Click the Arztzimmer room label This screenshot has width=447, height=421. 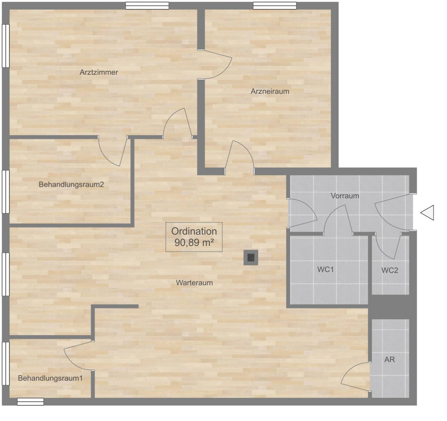click(99, 72)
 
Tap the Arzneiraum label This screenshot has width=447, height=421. click(270, 91)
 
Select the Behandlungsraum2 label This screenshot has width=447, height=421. click(71, 184)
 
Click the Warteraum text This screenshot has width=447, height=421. click(194, 283)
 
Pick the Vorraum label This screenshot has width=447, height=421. click(345, 196)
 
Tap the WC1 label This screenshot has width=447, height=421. click(325, 269)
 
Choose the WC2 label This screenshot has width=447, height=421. click(389, 270)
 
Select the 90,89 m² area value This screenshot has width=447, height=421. click(194, 242)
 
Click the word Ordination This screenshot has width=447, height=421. click(194, 231)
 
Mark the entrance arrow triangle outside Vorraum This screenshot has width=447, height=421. click(427, 213)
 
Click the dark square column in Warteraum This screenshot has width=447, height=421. click(251, 258)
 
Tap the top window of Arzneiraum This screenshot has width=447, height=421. click(274, 6)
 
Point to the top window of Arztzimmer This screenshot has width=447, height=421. click(147, 6)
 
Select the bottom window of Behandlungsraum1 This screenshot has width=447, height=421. click(30, 402)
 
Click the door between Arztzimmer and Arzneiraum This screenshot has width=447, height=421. click(215, 64)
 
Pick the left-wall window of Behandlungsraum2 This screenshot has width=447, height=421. click(6, 192)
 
